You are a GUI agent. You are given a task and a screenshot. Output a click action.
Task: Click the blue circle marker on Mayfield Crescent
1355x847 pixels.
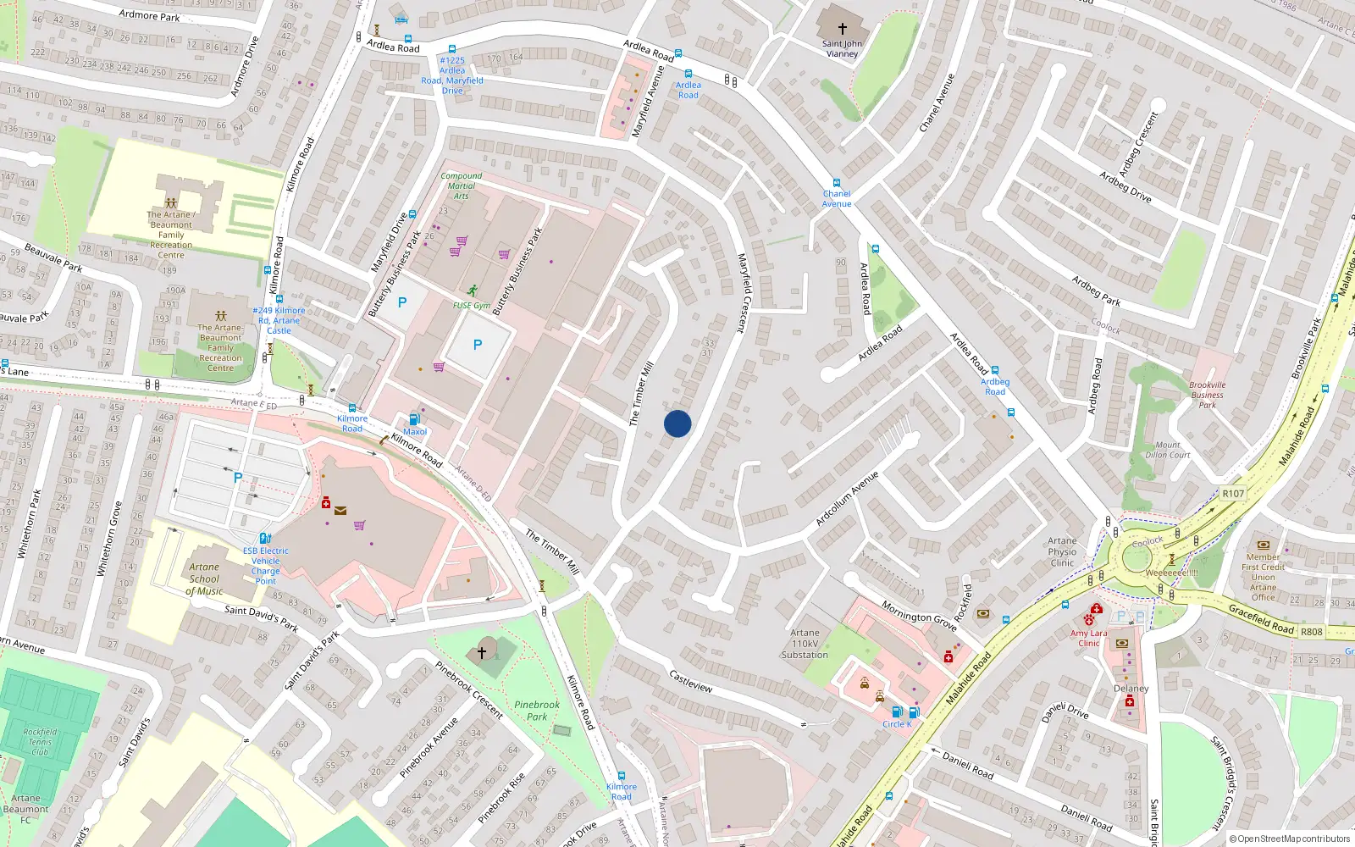pos(677,423)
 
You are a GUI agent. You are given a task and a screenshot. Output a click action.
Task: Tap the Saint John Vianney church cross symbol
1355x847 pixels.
pos(842,29)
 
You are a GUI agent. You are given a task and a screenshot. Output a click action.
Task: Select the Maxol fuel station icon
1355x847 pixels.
pos(414,419)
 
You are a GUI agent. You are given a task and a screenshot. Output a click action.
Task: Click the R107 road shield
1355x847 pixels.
pos(1233,494)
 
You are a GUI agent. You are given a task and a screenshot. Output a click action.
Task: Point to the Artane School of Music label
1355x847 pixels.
pos(204,579)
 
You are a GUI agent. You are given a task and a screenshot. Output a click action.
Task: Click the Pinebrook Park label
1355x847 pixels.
pos(537,711)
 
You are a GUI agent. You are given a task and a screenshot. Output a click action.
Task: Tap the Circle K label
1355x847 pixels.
pos(897,724)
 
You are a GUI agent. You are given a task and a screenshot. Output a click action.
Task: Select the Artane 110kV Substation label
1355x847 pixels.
pos(805,644)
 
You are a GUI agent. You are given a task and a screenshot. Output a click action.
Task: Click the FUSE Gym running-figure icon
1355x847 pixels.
pos(472,291)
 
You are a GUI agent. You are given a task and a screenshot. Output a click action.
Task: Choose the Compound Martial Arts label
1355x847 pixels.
pos(462,185)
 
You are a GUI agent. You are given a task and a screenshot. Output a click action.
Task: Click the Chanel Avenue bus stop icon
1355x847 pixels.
pos(837,182)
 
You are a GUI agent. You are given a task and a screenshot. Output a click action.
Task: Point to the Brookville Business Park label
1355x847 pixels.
pos(1207,395)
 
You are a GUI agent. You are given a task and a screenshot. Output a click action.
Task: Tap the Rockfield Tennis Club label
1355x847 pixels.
pos(40,741)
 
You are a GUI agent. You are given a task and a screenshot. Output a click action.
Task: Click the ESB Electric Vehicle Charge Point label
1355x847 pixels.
pos(265,566)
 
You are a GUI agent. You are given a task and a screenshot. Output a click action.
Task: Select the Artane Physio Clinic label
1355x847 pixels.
pos(1062,551)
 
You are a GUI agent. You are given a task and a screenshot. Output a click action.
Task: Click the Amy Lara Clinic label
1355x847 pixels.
pos(1088,638)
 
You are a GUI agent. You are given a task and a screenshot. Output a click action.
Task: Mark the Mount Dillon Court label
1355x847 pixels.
pos(1168,450)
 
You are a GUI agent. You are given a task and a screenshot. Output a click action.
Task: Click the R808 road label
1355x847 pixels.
pos(1311,632)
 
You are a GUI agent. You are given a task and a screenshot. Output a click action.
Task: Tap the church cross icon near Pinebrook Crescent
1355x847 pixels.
pos(482,652)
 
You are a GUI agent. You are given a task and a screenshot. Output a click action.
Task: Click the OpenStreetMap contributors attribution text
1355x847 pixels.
pos(1289,839)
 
